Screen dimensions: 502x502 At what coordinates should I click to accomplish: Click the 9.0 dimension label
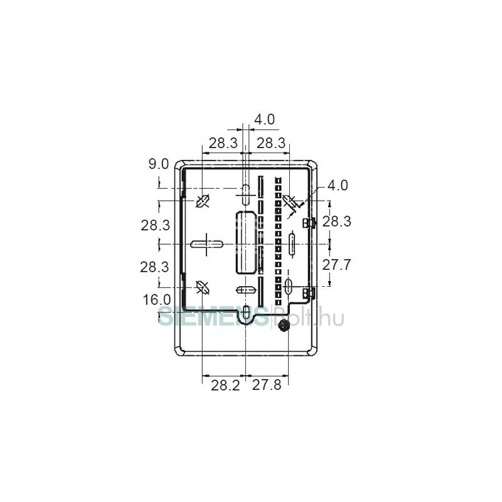tap(159, 164)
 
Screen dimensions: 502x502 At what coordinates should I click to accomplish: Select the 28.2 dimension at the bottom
tap(225, 385)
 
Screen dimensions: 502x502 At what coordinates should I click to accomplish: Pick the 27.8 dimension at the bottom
tap(267, 385)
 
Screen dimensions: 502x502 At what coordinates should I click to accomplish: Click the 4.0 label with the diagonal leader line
tap(337, 185)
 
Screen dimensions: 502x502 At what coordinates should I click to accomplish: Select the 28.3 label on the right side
tap(336, 221)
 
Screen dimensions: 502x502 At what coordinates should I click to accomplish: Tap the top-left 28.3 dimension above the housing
tap(223, 143)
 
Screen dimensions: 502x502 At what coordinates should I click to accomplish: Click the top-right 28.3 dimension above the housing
tap(271, 143)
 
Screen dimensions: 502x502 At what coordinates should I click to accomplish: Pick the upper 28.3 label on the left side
tap(155, 225)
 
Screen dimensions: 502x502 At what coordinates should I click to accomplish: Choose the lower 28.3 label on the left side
tap(155, 266)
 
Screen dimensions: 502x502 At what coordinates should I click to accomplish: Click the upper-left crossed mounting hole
tap(203, 201)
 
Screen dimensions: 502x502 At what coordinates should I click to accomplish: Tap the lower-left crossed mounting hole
tap(203, 287)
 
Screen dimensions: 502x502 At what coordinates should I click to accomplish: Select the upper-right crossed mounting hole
tap(289, 201)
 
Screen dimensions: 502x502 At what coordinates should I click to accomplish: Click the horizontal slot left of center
tap(206, 243)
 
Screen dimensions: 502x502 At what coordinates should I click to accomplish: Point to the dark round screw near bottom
tap(284, 325)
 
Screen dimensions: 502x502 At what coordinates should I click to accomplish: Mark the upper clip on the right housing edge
tap(308, 223)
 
